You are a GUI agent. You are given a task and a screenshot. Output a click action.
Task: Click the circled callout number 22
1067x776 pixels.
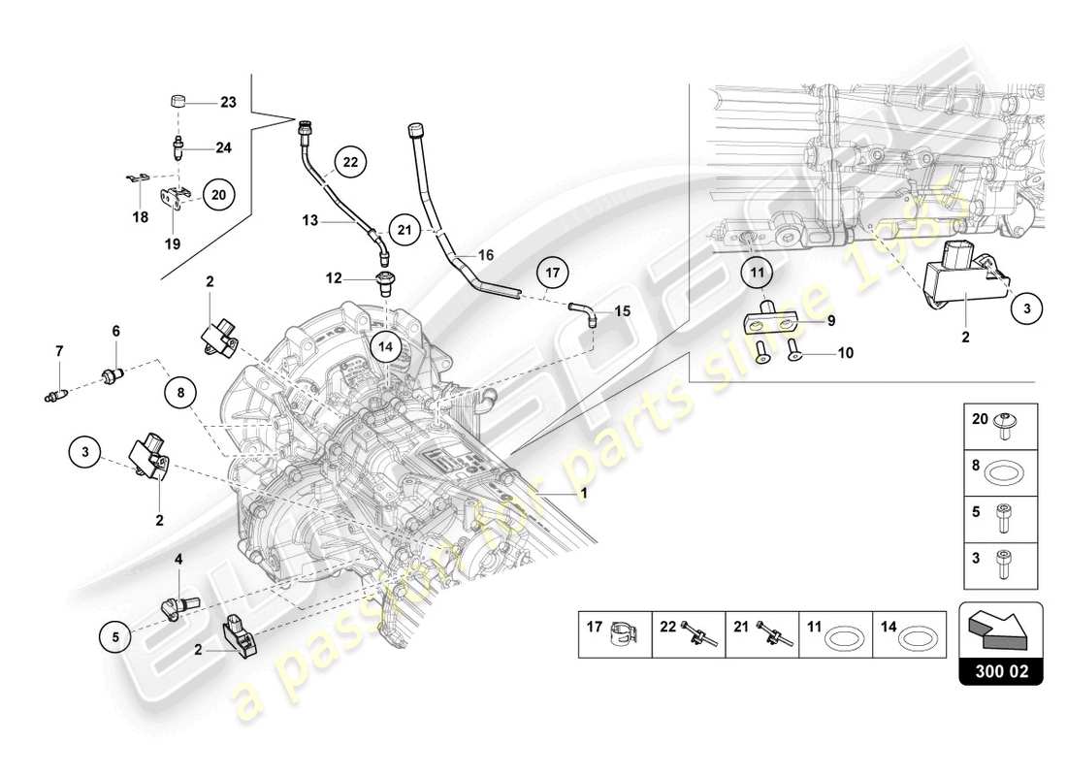(351, 163)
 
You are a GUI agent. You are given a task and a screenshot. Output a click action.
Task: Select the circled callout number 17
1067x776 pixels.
(552, 275)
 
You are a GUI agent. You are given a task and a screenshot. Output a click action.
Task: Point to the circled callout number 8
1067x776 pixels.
(180, 394)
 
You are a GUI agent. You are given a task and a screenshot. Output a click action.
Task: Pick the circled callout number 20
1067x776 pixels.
(218, 195)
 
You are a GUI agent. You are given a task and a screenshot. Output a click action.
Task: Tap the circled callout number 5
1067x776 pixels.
(114, 637)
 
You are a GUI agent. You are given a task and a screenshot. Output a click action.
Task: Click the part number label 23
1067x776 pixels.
(228, 102)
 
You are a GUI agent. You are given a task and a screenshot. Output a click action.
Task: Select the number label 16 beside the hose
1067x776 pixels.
(486, 255)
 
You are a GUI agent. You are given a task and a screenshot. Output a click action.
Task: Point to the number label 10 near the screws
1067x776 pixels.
(845, 353)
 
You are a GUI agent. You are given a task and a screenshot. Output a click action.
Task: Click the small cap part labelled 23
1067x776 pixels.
(177, 102)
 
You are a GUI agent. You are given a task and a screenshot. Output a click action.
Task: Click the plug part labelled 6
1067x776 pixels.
(113, 374)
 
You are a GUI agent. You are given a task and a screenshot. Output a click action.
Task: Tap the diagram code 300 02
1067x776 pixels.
(1001, 670)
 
